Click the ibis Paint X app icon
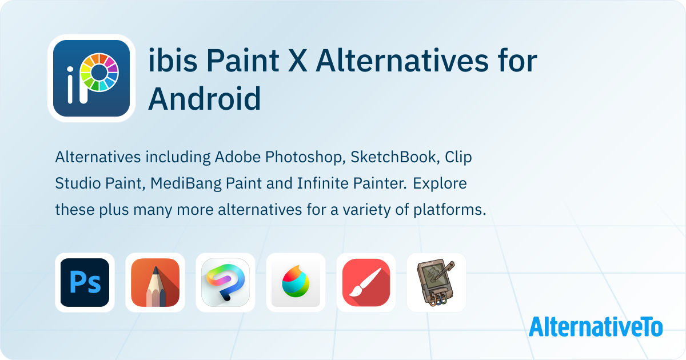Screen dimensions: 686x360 (x=91, y=78)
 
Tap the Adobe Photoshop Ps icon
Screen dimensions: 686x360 (x=85, y=282)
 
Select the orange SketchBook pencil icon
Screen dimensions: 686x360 (x=155, y=282)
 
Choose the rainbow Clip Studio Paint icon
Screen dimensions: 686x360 (x=225, y=282)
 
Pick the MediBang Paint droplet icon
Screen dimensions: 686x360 (x=296, y=282)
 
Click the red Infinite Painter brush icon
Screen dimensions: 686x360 (x=366, y=282)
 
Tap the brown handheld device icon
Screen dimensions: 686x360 (x=436, y=282)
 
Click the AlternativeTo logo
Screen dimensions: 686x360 (x=596, y=327)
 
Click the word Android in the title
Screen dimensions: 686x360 (x=204, y=98)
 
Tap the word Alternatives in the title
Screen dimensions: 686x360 (x=401, y=60)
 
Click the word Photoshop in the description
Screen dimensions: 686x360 (x=305, y=158)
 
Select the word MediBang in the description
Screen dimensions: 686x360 (x=186, y=184)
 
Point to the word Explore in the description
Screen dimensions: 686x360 (x=440, y=184)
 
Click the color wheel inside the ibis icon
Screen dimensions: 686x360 (x=99, y=73)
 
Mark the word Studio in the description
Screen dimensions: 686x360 (x=78, y=183)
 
